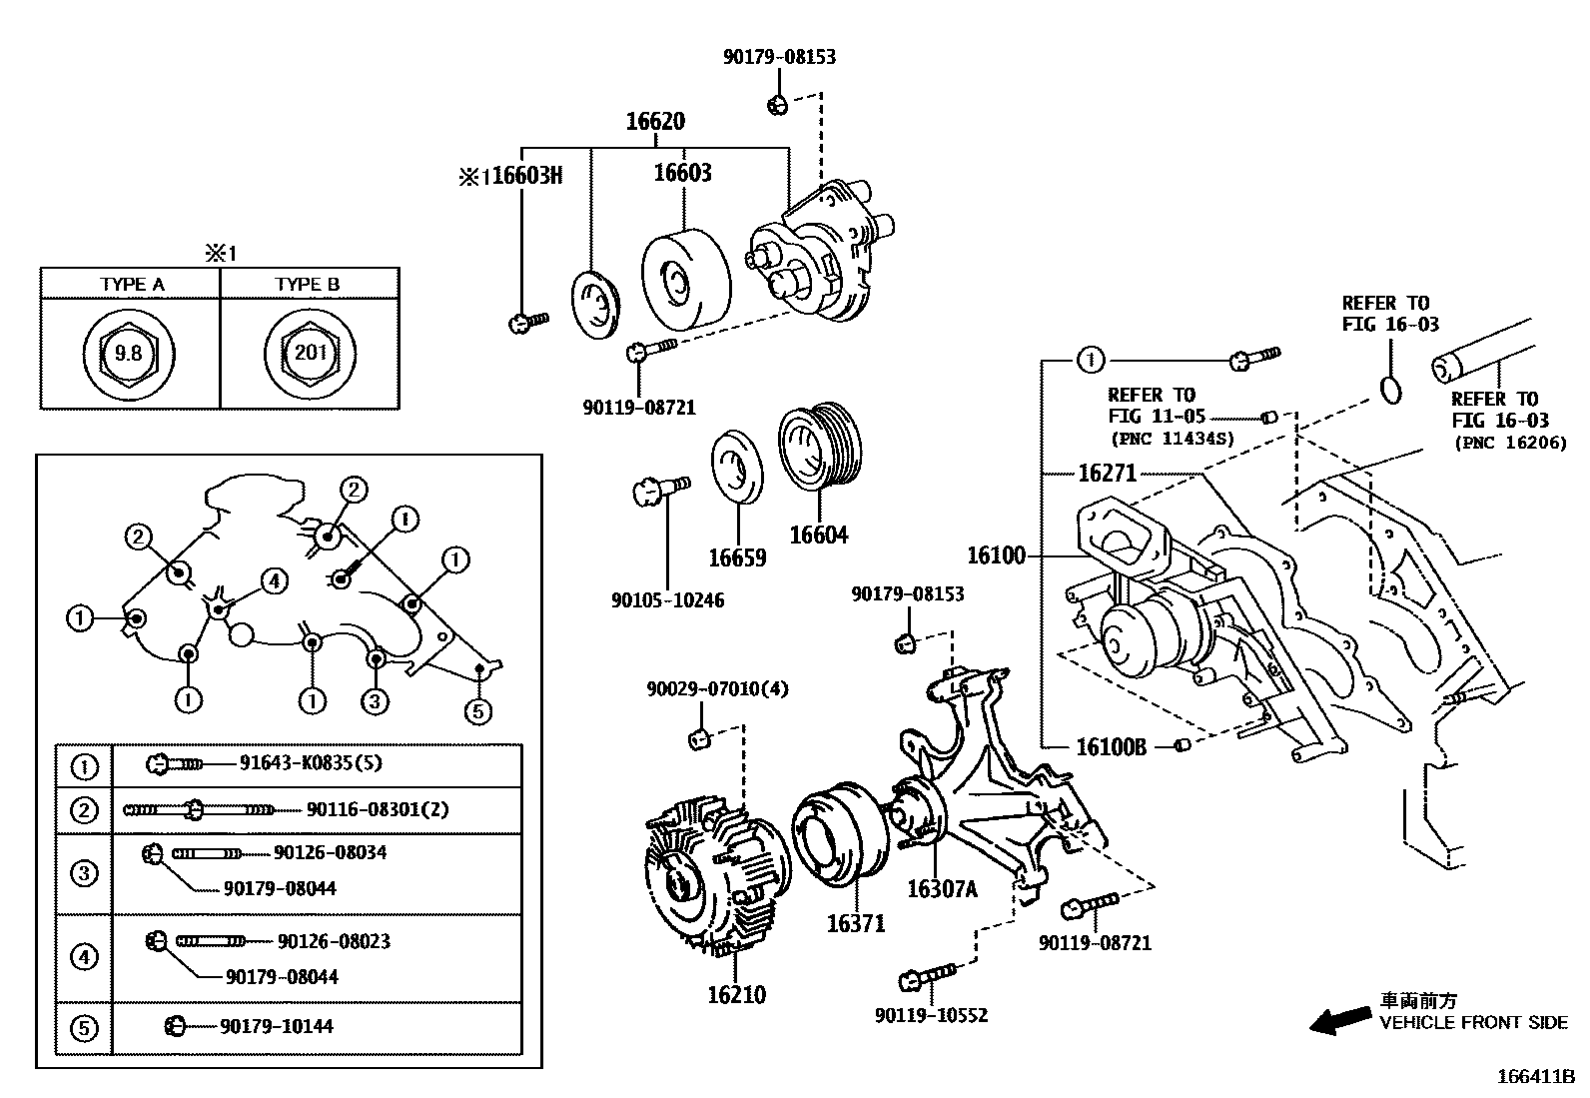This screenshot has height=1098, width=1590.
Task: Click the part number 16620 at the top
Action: (x=655, y=122)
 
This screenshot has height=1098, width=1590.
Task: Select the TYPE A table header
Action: (x=132, y=284)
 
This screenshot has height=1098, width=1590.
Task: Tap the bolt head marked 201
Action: (x=311, y=353)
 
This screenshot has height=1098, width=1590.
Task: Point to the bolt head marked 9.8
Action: (x=129, y=353)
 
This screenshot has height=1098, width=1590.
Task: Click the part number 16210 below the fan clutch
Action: (x=737, y=994)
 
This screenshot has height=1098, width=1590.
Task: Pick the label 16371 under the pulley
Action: (x=856, y=923)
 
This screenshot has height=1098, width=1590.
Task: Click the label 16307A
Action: (x=943, y=888)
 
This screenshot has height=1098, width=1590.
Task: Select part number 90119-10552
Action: (x=931, y=1016)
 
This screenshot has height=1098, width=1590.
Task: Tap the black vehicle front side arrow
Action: (x=1340, y=1021)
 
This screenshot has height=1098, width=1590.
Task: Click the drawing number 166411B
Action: (x=1536, y=1077)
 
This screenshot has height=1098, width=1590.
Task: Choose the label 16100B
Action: (x=1111, y=747)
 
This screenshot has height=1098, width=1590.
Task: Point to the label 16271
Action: (x=1108, y=473)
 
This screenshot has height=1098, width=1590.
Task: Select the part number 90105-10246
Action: (x=668, y=600)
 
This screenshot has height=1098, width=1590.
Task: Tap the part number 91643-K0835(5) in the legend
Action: (x=311, y=762)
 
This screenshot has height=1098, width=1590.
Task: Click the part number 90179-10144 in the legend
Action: (x=277, y=1026)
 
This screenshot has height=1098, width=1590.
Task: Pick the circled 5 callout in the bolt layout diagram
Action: (x=477, y=711)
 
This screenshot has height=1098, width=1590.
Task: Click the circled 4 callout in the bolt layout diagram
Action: (x=274, y=580)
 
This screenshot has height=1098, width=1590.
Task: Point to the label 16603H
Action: (x=526, y=176)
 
